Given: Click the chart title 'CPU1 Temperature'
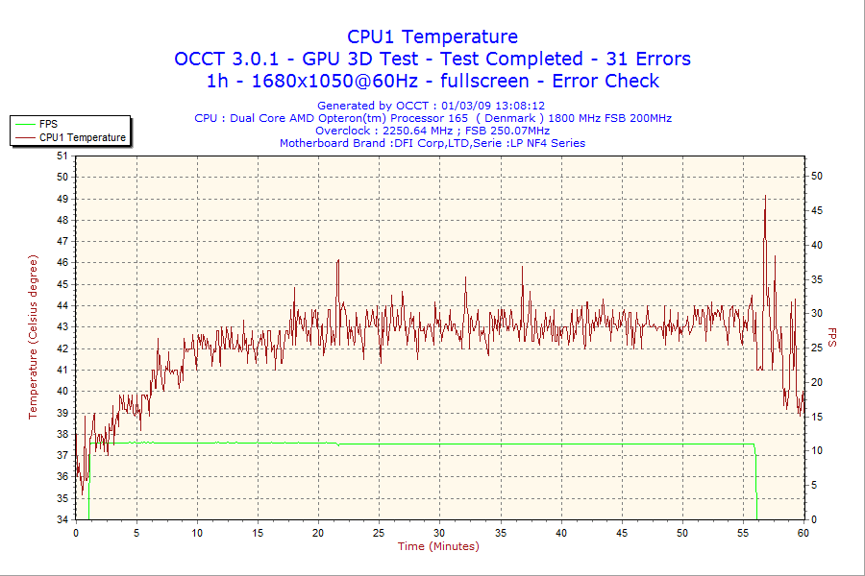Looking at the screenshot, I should [432, 36].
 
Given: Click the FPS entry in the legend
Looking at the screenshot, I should [48, 124].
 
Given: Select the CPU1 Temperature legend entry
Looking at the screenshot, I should [83, 137].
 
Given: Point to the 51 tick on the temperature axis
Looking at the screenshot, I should [62, 156].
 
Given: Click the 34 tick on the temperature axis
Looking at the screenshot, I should [62, 519].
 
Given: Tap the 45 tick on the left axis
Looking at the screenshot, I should [62, 284].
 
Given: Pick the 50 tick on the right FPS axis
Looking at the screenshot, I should [817, 176].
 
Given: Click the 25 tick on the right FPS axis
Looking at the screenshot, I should [817, 348].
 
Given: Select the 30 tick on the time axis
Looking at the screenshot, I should [440, 532].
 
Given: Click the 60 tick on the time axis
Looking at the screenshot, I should [803, 532].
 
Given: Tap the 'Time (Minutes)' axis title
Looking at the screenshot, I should [438, 546].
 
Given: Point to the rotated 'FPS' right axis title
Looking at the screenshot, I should [832, 337].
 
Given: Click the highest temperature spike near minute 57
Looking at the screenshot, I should [765, 196].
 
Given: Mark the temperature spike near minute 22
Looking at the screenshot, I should [338, 260].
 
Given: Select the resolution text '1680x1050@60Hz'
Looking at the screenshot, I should [317, 81].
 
